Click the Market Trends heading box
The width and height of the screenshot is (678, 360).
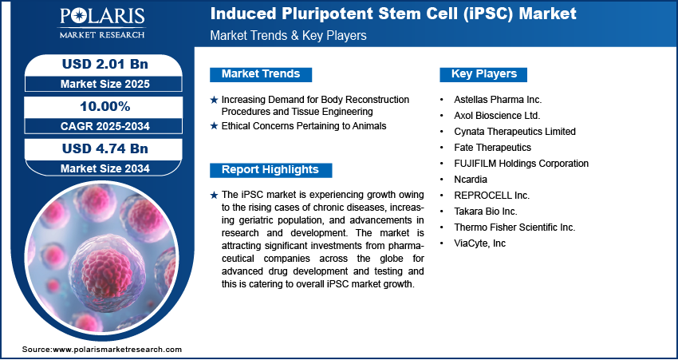pos(261,74)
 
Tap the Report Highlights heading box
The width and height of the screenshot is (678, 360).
pos(270,170)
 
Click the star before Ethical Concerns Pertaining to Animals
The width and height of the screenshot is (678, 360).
pos(213,126)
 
